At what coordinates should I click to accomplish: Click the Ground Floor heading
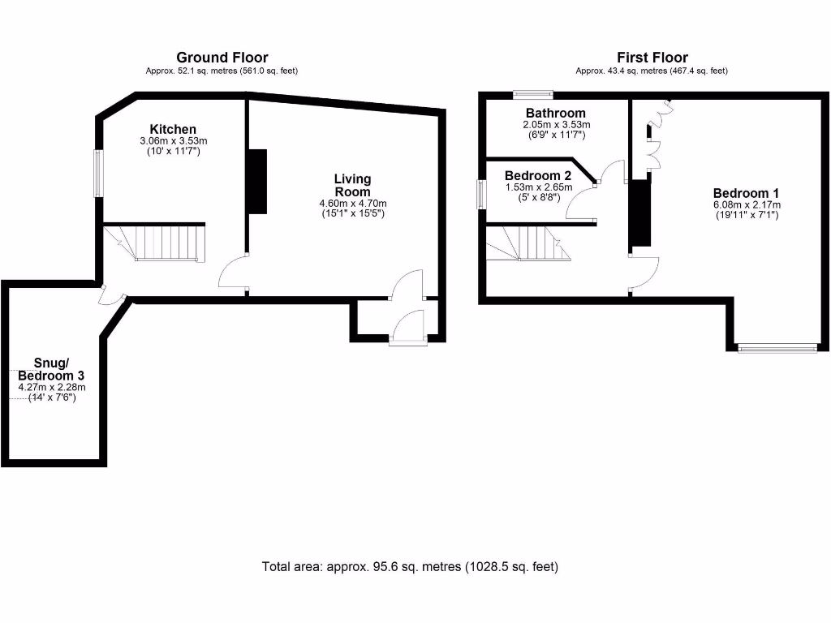click(x=222, y=58)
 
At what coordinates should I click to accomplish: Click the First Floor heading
click(x=652, y=58)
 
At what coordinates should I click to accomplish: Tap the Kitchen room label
click(x=172, y=129)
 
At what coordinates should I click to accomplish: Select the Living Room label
click(x=352, y=184)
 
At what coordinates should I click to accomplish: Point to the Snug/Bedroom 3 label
click(x=52, y=369)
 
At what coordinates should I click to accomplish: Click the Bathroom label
click(x=555, y=113)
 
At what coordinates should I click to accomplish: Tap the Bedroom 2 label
click(x=537, y=175)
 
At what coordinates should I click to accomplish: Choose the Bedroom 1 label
click(x=746, y=193)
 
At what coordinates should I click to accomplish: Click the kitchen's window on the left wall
click(x=97, y=172)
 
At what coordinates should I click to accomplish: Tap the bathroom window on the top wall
click(x=533, y=94)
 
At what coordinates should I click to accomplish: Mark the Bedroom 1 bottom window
click(x=777, y=348)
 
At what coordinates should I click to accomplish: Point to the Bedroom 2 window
click(x=480, y=194)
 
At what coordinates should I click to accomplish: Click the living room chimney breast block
click(x=257, y=181)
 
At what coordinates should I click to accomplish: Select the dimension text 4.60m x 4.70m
click(x=352, y=204)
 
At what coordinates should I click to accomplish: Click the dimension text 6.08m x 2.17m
click(x=746, y=205)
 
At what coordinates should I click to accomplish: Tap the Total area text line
click(x=410, y=566)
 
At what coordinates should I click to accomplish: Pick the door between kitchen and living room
click(x=234, y=274)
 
